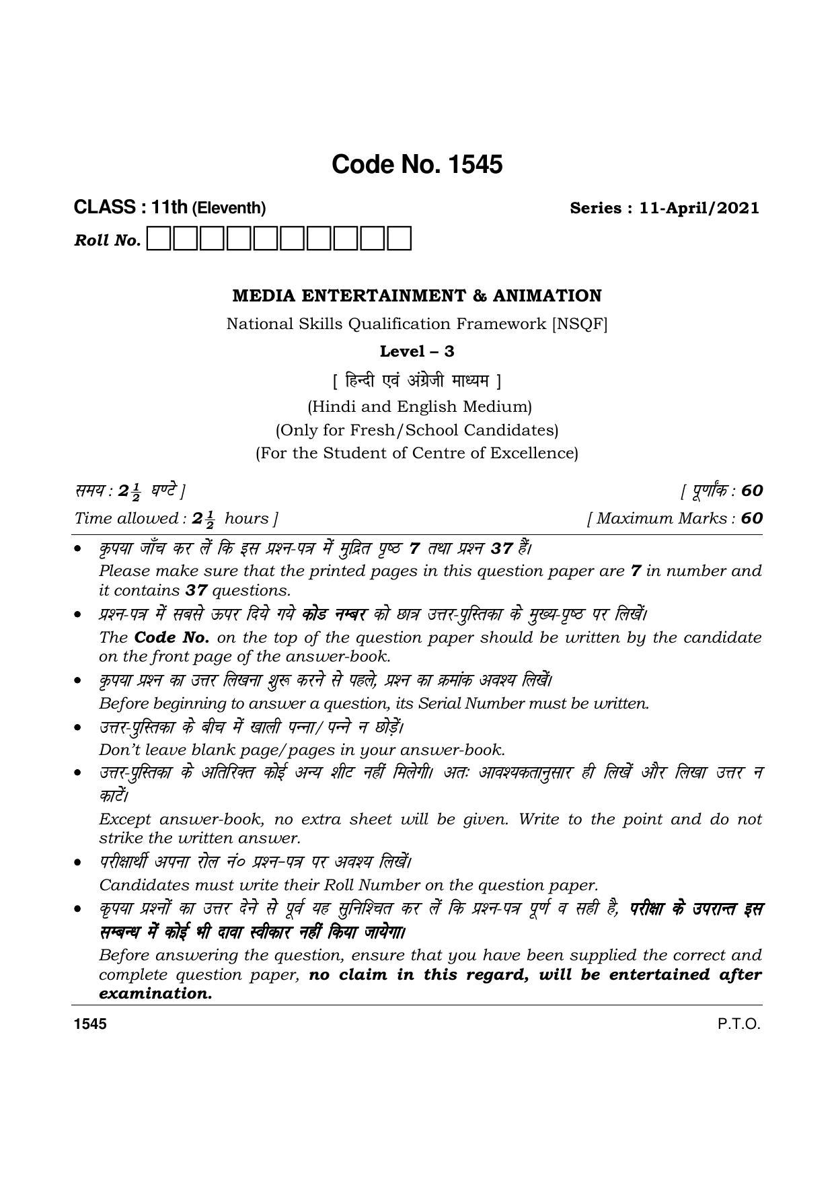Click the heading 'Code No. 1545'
[x=417, y=165]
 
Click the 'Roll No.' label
[x=108, y=241]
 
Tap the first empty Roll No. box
[x=159, y=239]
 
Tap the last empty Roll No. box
[x=400, y=239]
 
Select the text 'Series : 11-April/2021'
[x=665, y=208]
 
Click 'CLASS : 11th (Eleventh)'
[x=169, y=208]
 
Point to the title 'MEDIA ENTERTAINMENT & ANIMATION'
[x=417, y=296]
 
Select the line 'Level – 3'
[x=417, y=351]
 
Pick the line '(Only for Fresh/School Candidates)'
[x=417, y=429]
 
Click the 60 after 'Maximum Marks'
[x=752, y=518]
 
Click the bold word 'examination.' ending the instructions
[x=155, y=994]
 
